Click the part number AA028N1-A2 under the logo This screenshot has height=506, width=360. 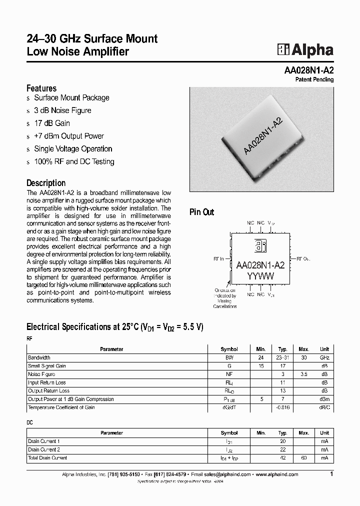(308, 70)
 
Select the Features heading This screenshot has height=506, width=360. (41, 88)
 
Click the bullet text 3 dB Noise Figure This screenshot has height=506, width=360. (62, 110)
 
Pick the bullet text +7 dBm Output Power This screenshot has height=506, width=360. (69, 136)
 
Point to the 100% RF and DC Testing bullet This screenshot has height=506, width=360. (74, 161)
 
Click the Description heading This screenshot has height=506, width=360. (46, 183)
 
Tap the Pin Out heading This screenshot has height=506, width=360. (201, 212)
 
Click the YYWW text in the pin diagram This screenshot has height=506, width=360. (260, 276)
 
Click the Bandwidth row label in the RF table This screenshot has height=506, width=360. (39, 358)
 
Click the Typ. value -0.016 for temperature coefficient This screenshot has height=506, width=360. (282, 407)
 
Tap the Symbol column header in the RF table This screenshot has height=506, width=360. (229, 349)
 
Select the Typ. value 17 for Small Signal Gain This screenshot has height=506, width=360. (282, 366)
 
